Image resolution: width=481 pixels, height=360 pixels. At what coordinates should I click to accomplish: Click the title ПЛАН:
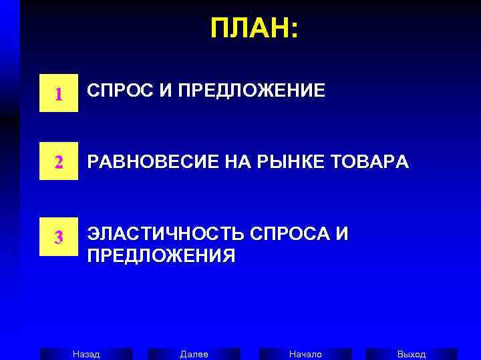[255, 29]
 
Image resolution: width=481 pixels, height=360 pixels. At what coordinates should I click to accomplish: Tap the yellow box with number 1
[59, 94]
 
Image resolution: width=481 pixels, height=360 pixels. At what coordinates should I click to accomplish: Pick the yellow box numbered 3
[59, 236]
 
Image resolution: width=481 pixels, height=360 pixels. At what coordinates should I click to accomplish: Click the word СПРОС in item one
[118, 91]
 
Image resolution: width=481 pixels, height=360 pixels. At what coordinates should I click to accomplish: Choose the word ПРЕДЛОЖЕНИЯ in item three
[161, 256]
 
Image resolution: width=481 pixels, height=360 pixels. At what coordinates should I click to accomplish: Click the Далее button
[194, 354]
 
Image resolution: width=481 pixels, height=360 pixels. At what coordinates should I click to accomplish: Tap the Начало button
[305, 354]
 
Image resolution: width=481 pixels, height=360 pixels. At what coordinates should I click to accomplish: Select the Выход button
[412, 354]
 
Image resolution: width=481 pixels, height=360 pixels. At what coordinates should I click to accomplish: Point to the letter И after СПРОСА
[342, 234]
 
